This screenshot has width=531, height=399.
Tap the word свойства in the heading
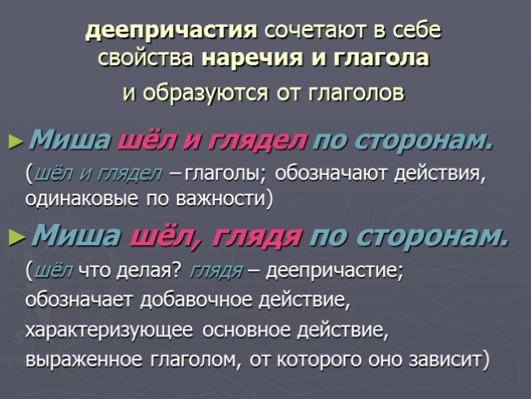coord(146,59)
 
